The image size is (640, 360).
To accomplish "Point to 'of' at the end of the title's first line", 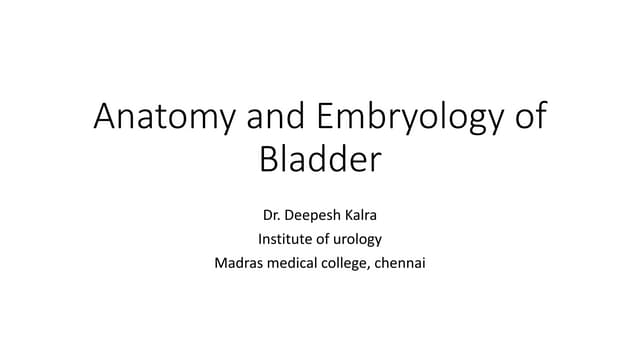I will (526, 118).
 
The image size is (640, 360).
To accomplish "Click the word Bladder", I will (320, 159).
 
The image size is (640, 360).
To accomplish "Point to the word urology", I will (360, 240).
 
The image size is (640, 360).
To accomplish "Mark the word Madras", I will (237, 264).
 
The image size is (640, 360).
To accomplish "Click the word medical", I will (295, 264).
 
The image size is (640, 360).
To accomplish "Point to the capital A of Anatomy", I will (105, 118).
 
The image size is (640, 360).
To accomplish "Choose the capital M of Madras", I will (220, 264).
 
